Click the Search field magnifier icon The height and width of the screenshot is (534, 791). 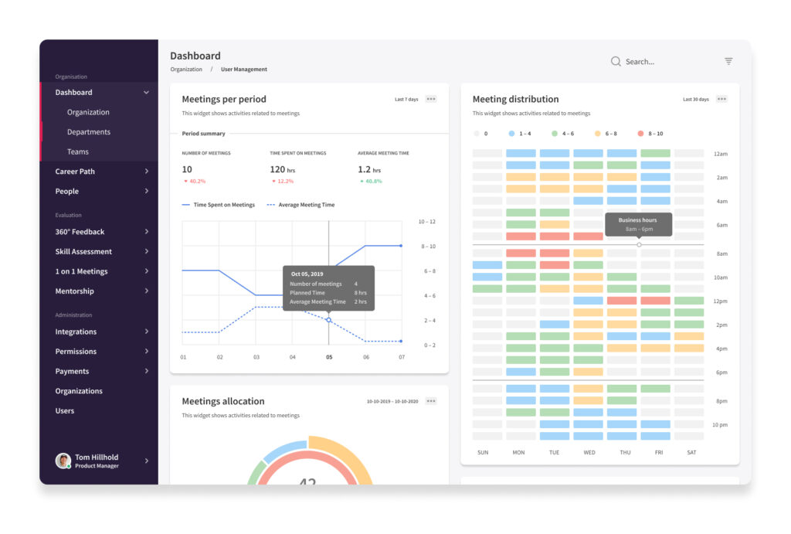click(x=616, y=62)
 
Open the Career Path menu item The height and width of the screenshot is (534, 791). click(x=75, y=172)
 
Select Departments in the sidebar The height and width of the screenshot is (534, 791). click(x=89, y=131)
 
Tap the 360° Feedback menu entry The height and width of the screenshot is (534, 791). click(x=80, y=232)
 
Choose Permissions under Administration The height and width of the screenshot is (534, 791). click(x=76, y=352)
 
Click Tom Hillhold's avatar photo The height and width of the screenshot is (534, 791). click(x=63, y=461)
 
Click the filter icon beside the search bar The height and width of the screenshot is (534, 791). click(x=728, y=61)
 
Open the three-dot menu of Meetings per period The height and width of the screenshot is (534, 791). click(x=431, y=99)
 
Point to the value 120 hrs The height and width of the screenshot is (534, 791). click(x=283, y=169)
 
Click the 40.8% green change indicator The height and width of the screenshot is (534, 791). click(x=372, y=181)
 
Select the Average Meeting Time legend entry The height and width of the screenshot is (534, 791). click(x=300, y=205)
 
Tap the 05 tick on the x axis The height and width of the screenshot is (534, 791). click(x=329, y=357)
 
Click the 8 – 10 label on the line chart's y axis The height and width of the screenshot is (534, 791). click(x=428, y=247)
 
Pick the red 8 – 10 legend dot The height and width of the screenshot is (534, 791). click(x=640, y=134)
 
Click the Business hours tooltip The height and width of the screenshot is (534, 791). click(x=638, y=224)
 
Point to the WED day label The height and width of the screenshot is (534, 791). click(x=589, y=453)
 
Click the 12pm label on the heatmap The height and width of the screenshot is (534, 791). click(x=720, y=301)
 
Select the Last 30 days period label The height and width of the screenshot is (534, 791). click(x=696, y=100)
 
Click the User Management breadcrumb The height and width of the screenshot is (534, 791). click(x=243, y=69)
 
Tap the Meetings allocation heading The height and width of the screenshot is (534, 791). click(x=223, y=401)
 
